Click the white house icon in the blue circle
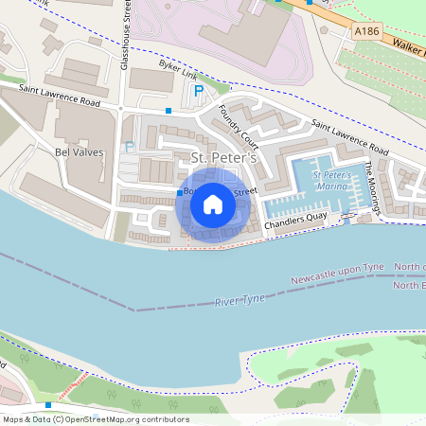pos(213,204)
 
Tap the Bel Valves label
pos(79,151)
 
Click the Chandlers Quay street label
pos(295,224)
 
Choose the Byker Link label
pos(180,68)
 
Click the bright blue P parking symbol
pos(198,92)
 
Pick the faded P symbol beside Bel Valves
pos(130,148)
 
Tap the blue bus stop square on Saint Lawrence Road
pos(169,111)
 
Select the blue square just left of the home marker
pos(180,193)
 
